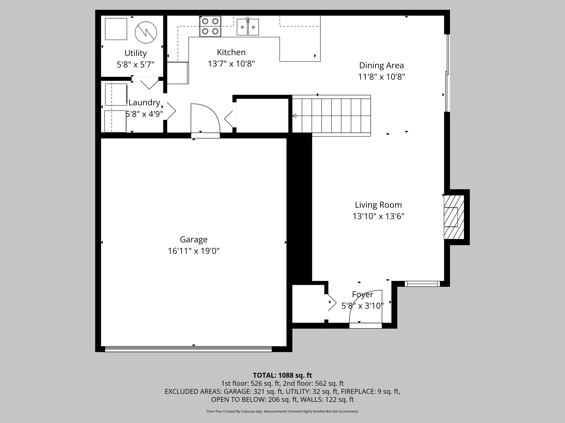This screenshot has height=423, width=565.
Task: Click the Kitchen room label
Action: (x=231, y=52)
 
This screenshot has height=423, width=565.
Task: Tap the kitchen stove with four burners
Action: (x=210, y=26)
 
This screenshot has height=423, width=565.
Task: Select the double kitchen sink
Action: (x=248, y=27)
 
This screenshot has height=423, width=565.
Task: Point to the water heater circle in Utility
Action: (x=146, y=32)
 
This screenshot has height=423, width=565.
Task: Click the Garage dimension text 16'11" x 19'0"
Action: (x=194, y=251)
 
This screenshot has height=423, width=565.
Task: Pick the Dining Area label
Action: (x=381, y=66)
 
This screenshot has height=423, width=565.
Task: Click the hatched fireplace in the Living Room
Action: (x=454, y=217)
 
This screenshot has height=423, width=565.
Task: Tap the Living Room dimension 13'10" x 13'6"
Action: (x=378, y=216)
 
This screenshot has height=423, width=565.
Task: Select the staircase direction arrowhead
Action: (x=294, y=116)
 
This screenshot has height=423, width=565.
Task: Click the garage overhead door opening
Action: (x=188, y=349)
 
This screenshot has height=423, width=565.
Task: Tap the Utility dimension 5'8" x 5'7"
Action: (x=135, y=65)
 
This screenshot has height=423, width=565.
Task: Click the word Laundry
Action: (x=144, y=102)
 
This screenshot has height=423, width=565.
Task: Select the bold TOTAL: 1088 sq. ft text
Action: (x=282, y=375)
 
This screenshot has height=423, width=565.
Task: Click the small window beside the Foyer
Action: (x=422, y=284)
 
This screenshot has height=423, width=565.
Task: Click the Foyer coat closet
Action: (x=308, y=304)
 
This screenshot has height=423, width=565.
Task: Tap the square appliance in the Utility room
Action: (x=116, y=29)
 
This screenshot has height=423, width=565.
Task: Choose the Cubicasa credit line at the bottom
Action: (x=282, y=411)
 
